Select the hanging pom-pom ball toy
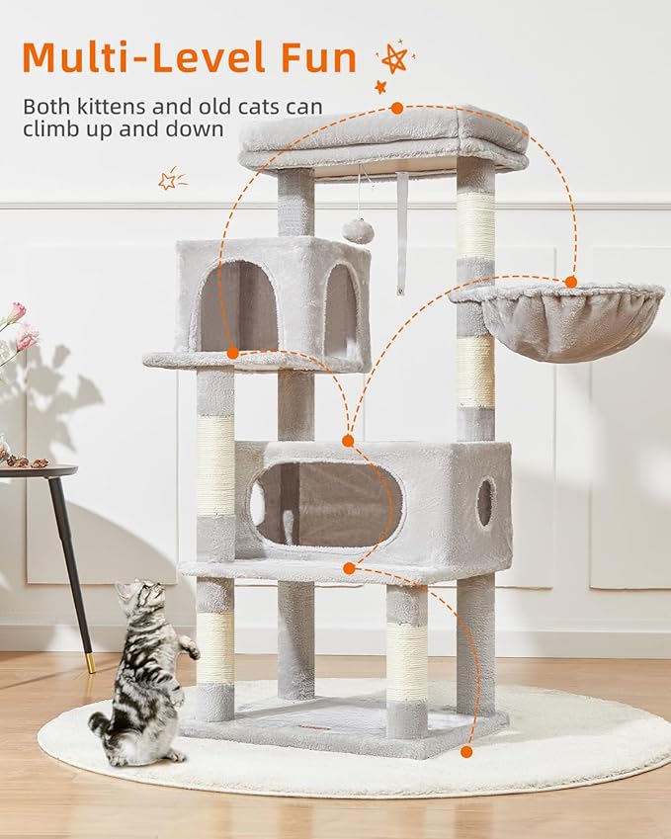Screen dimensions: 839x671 (358, 231)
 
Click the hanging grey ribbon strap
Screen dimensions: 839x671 (401, 233)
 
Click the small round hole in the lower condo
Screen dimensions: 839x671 (484, 502)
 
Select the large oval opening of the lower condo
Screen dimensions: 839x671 (326, 505)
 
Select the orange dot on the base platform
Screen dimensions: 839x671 (466, 752)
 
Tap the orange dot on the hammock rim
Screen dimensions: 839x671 (570, 282)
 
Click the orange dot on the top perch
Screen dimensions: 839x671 (396, 108)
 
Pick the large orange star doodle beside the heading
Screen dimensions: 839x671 (394, 58)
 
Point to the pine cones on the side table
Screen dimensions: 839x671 (28, 461)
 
